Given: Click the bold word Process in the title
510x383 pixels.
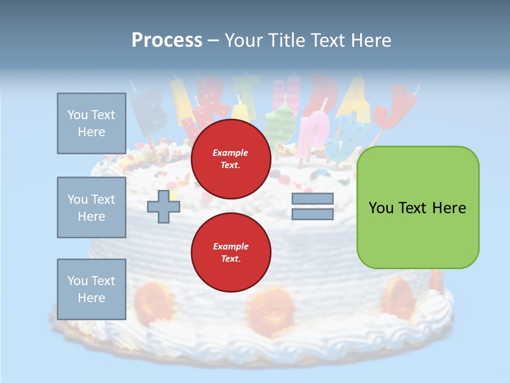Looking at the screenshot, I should pyautogui.click(x=167, y=40).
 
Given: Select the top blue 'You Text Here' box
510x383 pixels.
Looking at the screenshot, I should pyautogui.click(x=91, y=123).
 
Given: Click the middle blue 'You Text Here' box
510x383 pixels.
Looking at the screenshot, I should pyautogui.click(x=91, y=207).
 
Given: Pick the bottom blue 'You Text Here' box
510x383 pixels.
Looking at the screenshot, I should pyautogui.click(x=91, y=289).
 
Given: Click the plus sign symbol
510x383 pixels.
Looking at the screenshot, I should pyautogui.click(x=163, y=206).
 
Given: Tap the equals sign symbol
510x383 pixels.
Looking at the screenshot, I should pyautogui.click(x=312, y=206).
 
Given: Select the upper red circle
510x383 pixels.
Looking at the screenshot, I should pyautogui.click(x=231, y=159).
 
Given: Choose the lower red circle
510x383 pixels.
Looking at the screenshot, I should pyautogui.click(x=231, y=253).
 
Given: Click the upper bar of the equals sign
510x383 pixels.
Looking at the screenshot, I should pyautogui.click(x=312, y=199).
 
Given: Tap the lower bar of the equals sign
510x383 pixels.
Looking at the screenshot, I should pyautogui.click(x=312, y=214).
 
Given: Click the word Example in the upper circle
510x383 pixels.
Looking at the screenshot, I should pyautogui.click(x=231, y=153).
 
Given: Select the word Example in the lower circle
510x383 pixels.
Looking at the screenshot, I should pyautogui.click(x=231, y=246).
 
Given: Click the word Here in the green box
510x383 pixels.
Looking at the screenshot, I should pyautogui.click(x=449, y=208).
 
